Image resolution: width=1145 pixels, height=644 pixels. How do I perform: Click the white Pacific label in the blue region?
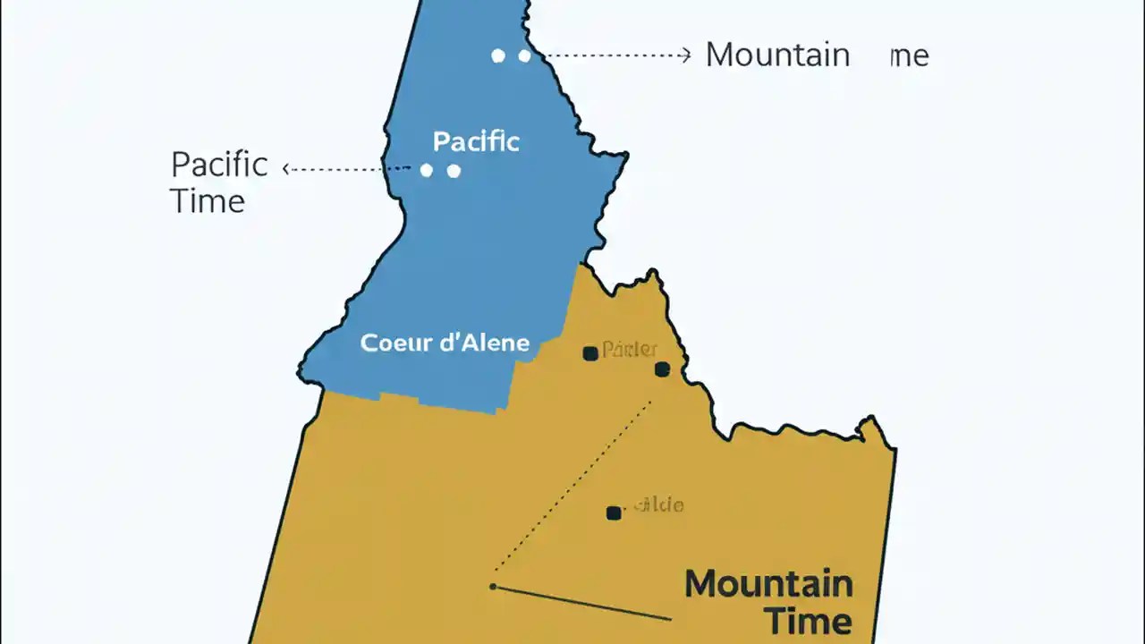(476, 141)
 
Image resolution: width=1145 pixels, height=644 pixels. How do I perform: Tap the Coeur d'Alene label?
(445, 343)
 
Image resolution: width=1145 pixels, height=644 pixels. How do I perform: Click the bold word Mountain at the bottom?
(768, 584)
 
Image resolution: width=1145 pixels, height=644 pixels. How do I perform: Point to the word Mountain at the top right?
(777, 55)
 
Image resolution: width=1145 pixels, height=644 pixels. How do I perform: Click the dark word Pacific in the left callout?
(219, 165)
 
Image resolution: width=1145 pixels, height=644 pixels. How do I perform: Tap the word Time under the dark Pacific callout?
(208, 200)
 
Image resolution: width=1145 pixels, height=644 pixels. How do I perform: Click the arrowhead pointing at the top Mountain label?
(686, 55)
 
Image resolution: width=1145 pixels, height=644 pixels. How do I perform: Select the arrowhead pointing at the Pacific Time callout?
(286, 167)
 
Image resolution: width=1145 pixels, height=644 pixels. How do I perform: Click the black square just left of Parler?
(590, 353)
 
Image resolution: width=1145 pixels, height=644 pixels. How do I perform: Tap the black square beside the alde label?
(614, 513)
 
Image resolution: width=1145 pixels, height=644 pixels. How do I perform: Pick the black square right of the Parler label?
(662, 369)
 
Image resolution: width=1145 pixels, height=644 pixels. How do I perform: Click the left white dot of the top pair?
(498, 55)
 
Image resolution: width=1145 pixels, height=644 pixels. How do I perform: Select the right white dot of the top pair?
(524, 55)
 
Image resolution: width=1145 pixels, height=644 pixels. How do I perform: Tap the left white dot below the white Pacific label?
(427, 170)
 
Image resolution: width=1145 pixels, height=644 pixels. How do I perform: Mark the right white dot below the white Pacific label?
(454, 170)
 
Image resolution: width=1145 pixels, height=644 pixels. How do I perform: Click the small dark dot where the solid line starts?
(493, 587)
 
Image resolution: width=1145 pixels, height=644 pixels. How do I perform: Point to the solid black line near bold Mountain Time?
(581, 603)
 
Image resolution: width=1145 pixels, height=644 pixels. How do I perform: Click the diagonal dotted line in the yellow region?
(572, 492)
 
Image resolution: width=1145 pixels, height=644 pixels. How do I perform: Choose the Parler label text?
(630, 349)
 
